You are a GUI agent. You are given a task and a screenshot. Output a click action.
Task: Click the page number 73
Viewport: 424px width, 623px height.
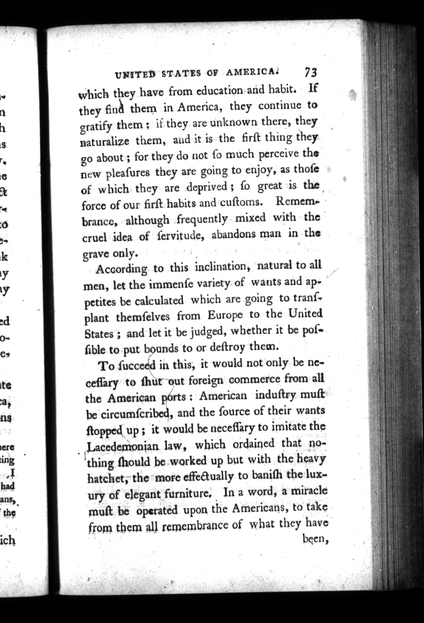pos(310,73)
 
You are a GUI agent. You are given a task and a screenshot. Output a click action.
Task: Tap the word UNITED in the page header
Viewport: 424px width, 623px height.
pos(135,75)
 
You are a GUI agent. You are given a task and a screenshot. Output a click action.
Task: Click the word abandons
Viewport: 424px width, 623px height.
pos(230,235)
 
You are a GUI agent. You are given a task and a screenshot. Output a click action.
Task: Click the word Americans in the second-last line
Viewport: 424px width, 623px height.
pos(257,508)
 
